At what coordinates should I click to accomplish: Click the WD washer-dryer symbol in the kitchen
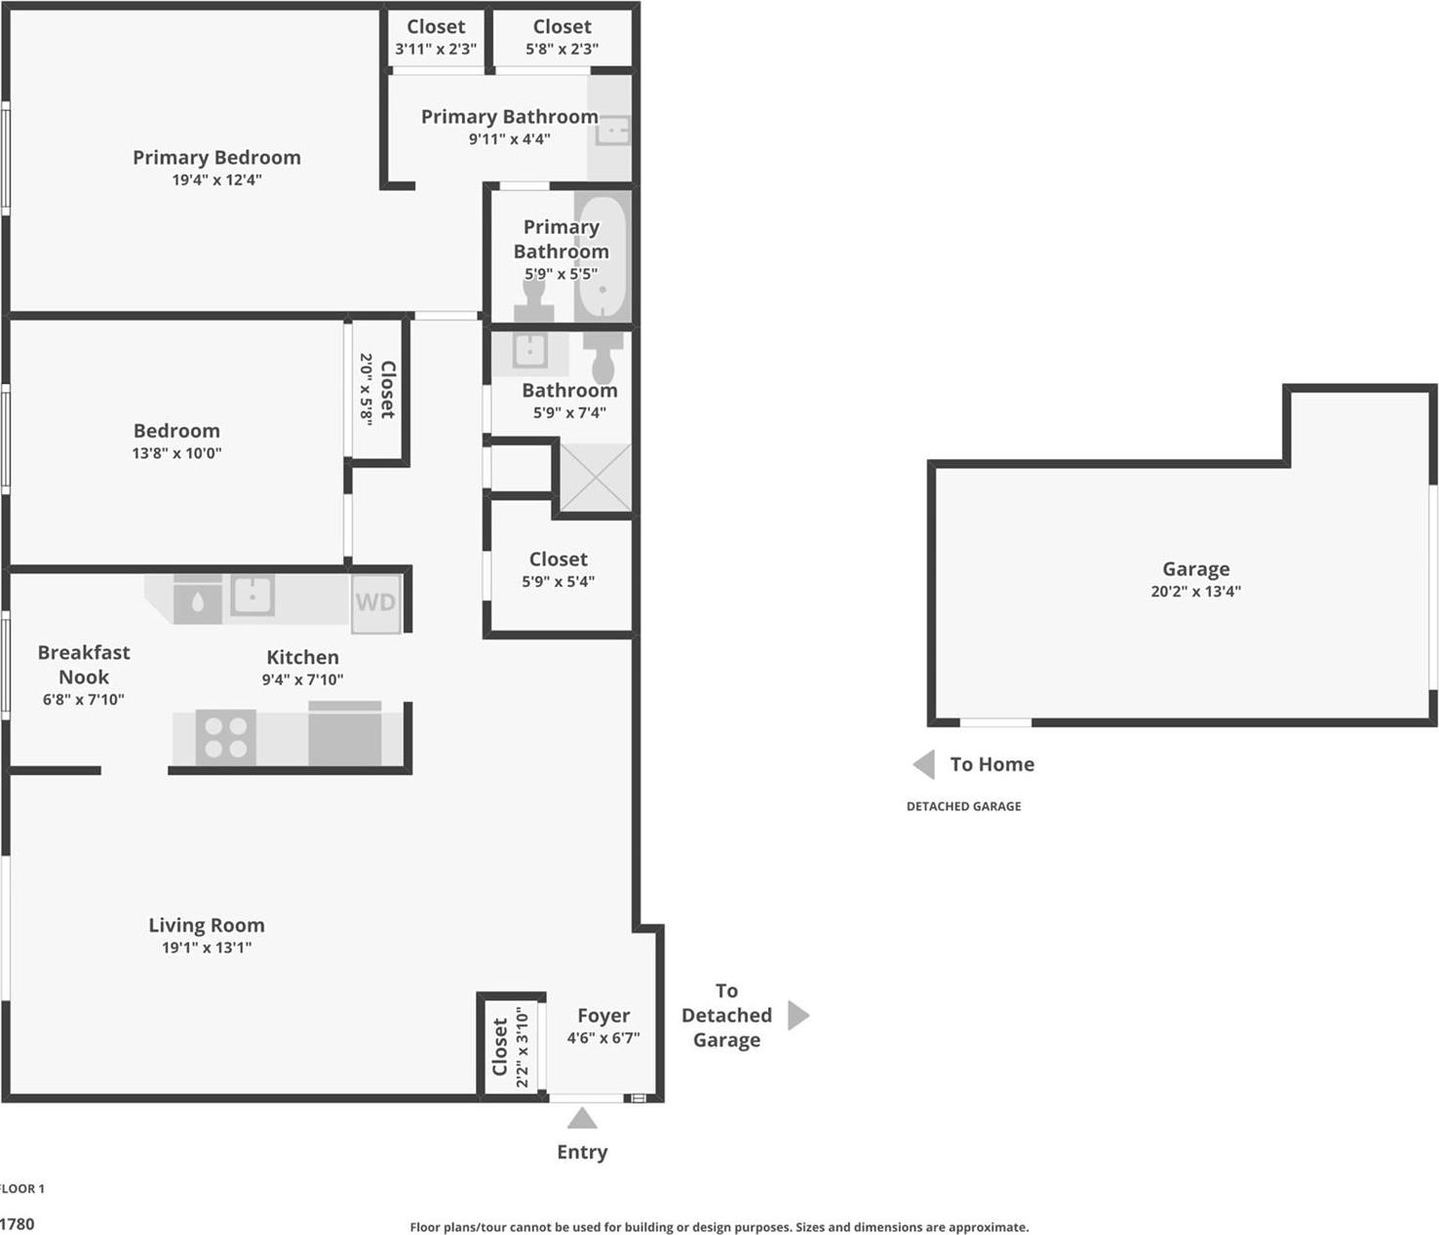[x=375, y=602]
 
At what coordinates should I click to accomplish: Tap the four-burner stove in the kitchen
[x=225, y=737]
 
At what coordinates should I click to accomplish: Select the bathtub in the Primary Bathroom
[x=601, y=256]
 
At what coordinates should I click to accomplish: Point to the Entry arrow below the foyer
[x=582, y=1118]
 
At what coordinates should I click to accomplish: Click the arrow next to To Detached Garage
[x=797, y=1015]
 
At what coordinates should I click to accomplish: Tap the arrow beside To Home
[x=924, y=764]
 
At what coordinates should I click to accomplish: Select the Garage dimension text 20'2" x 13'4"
[x=1195, y=591]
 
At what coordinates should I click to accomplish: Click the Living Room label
[x=206, y=925]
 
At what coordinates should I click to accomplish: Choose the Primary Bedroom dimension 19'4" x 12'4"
[x=216, y=179]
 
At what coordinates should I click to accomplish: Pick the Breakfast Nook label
[x=84, y=664]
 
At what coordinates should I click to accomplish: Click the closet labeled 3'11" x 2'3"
[x=436, y=37]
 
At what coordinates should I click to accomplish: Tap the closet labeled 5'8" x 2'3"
[x=562, y=37]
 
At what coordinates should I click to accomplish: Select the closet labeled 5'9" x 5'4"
[x=558, y=569]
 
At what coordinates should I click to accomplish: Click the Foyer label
[x=603, y=1016]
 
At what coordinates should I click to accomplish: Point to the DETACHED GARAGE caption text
[x=963, y=806]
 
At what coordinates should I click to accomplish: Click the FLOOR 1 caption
[x=21, y=1188]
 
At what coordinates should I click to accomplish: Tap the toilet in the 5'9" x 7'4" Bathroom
[x=603, y=357]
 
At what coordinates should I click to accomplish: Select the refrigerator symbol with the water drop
[x=198, y=599]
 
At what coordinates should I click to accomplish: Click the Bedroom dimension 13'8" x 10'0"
[x=176, y=452]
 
